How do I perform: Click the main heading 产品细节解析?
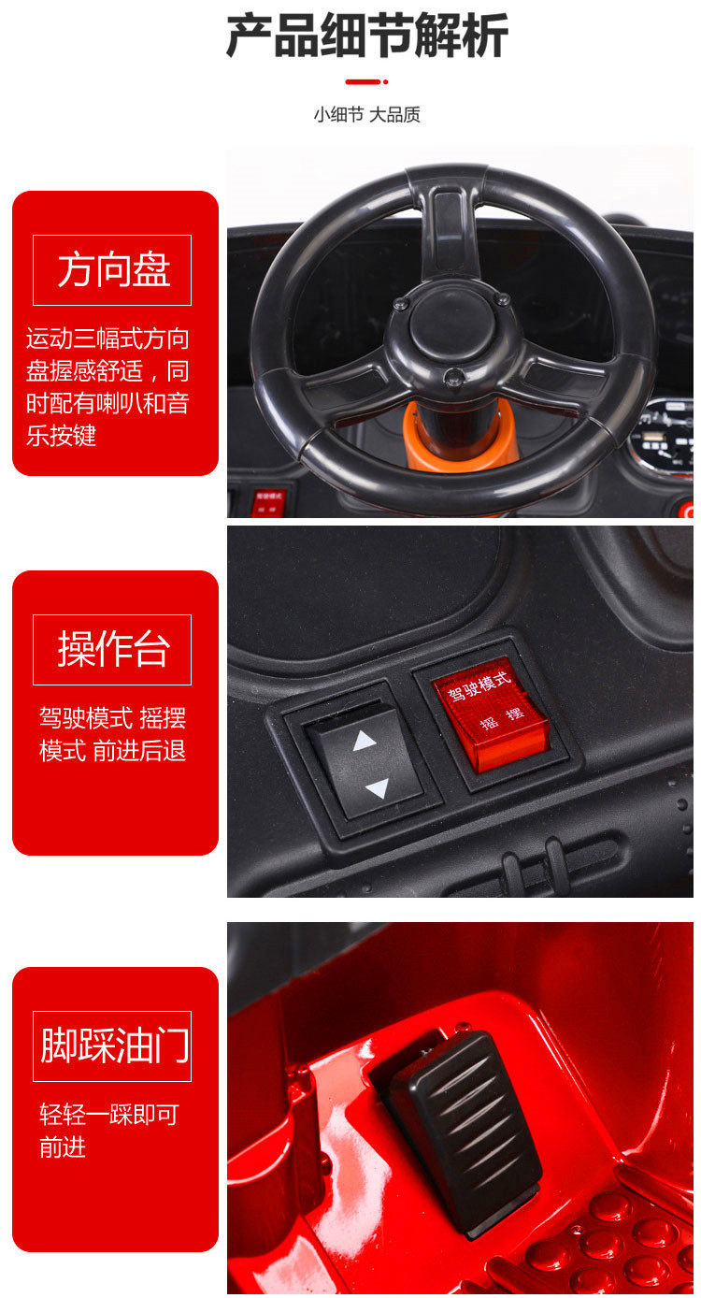pos(367,36)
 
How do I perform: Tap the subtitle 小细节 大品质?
pos(366,115)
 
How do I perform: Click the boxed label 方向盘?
pos(112,270)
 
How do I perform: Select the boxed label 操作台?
pos(112,650)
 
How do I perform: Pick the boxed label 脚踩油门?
pos(112,1046)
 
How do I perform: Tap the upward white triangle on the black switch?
pos(365,741)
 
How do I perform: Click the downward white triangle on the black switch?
pos(378,788)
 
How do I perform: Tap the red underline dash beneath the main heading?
pos(366,81)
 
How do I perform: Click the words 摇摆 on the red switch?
pos(503,717)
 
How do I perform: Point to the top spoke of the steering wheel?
pos(449,232)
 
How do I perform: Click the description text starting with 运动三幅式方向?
pos(107,386)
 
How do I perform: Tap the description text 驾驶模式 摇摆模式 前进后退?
pos(112,734)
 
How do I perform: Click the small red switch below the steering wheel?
pos(269,502)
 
